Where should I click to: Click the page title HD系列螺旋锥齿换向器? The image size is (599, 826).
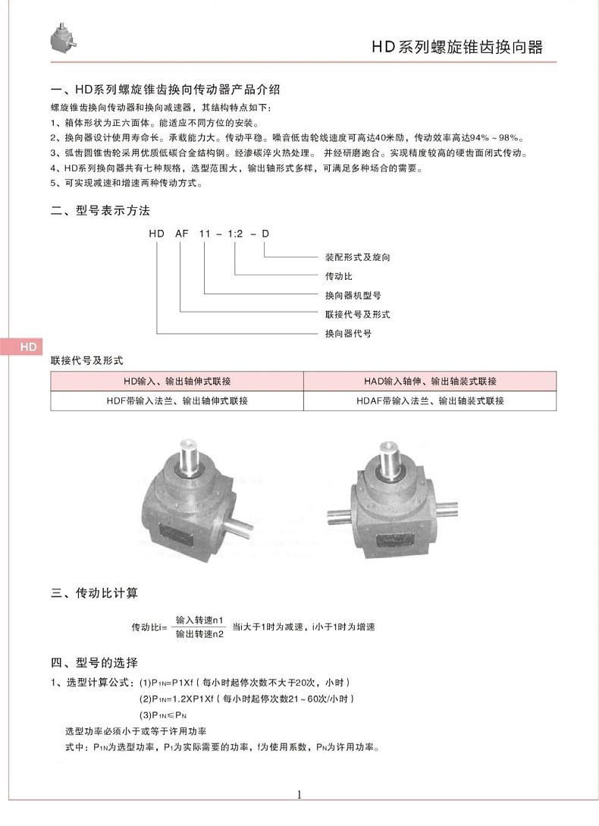point(456,46)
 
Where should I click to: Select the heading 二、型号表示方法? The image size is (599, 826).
point(100,210)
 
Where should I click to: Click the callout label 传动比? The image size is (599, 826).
point(339,276)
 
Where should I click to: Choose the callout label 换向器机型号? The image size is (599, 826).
point(353,295)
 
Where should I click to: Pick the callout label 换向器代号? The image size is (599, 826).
point(348,333)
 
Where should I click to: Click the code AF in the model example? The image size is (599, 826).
point(182,235)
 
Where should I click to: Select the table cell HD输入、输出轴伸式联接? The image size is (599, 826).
point(177,381)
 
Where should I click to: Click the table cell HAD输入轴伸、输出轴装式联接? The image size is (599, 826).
point(430,381)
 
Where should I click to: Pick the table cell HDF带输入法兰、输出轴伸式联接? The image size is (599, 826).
point(177,400)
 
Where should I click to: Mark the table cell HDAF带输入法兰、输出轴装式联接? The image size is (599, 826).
point(430,400)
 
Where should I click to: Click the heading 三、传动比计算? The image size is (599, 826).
point(94,592)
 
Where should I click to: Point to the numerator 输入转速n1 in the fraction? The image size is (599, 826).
point(199,620)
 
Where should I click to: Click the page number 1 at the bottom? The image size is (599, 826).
point(299,795)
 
